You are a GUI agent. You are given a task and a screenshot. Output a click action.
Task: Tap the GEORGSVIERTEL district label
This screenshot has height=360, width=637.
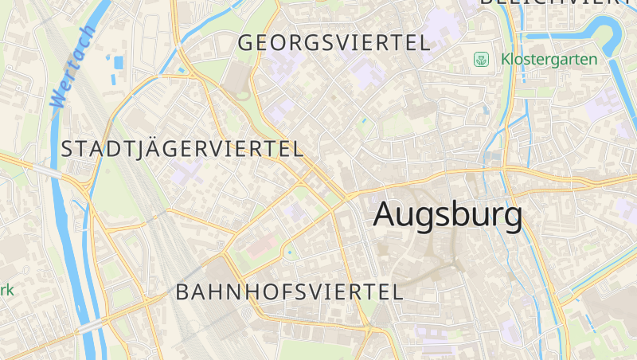coord(334,43)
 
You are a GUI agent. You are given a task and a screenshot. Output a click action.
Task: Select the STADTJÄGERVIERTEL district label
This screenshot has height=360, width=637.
coord(182,149)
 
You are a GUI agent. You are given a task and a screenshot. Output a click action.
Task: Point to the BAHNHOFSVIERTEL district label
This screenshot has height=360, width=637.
coord(290,292)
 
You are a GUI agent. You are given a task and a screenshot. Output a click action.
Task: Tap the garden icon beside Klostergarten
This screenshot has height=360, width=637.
coord(481,59)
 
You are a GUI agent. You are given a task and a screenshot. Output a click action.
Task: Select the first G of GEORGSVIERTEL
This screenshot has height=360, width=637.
coord(247,43)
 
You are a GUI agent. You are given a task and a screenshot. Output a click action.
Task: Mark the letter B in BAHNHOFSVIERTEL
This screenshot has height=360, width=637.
coord(183,292)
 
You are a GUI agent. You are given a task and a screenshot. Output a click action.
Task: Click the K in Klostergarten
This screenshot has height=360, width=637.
coord(506,59)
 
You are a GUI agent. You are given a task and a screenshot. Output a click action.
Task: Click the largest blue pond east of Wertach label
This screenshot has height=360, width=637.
coord(119,62)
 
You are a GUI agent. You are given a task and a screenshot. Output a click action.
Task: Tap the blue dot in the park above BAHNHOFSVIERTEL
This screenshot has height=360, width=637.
coord(289,252)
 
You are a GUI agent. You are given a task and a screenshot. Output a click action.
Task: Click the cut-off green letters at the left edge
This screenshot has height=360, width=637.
coord(6,290)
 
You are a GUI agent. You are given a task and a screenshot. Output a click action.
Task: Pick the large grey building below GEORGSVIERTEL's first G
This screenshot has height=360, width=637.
coord(236,78)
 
